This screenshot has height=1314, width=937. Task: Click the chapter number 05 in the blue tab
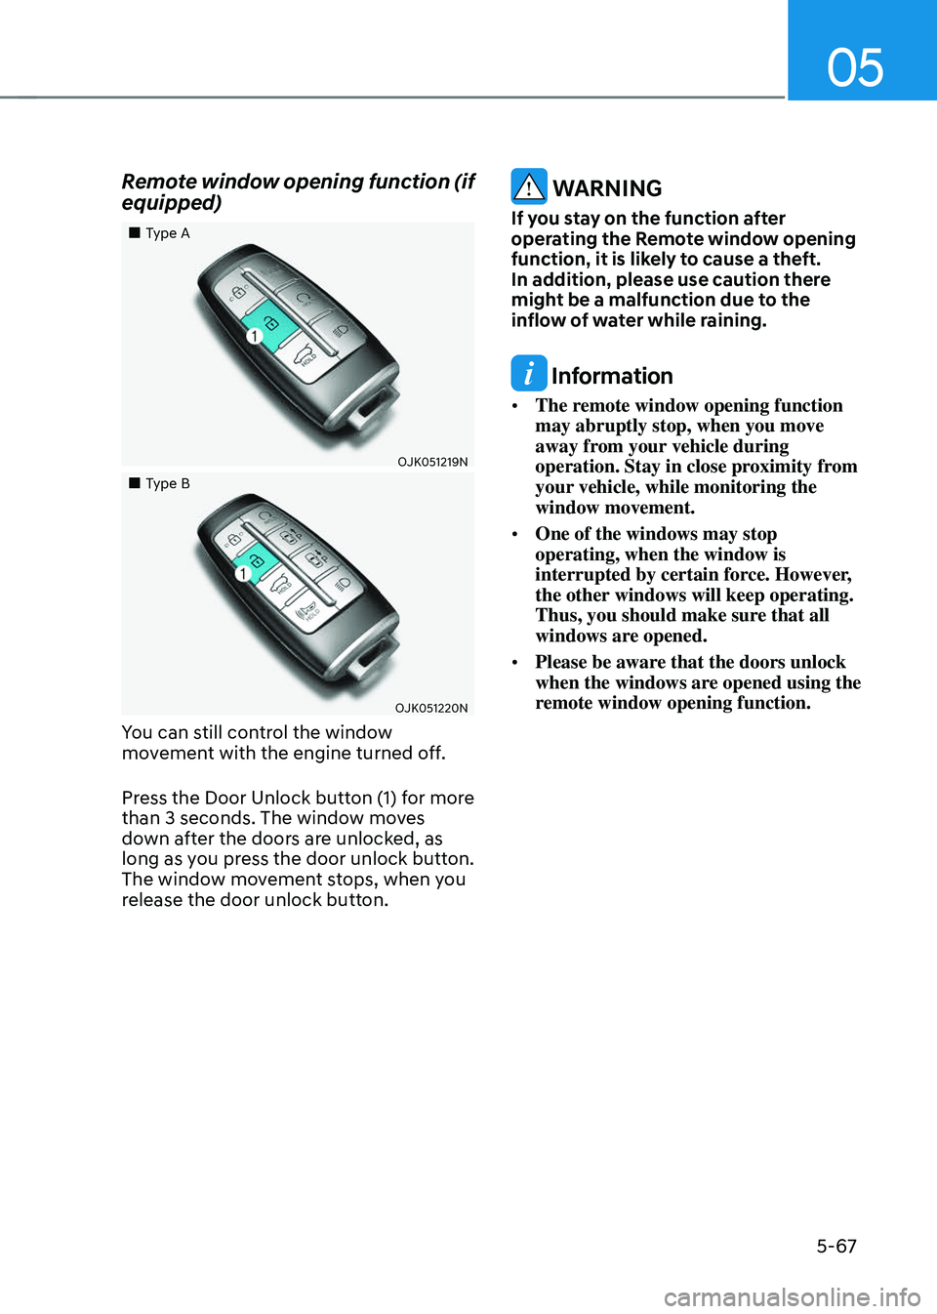tap(855, 67)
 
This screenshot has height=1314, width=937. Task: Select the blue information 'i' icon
tap(529, 373)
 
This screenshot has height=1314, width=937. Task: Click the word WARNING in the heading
tap(607, 188)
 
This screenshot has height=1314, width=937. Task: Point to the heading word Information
tap(612, 376)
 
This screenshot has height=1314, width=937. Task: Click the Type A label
tap(168, 233)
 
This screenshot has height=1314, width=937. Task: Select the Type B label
tap(168, 484)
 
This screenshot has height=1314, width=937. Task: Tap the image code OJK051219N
tap(432, 462)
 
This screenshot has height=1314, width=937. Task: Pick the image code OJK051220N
tap(431, 708)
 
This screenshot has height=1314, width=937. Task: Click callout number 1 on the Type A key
tap(254, 336)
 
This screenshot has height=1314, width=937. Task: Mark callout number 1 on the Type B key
tap(243, 574)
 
